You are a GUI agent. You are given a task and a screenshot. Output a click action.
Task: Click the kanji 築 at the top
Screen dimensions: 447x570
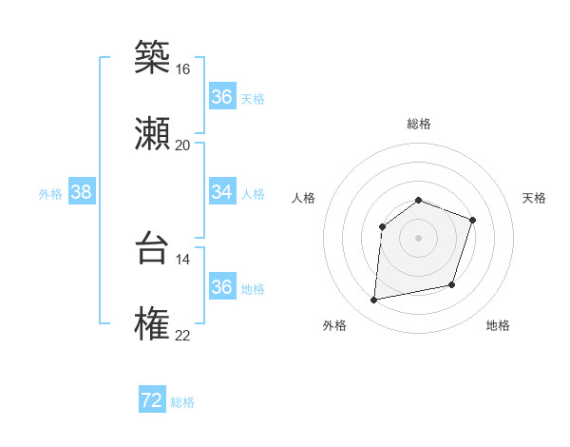pos(152,57)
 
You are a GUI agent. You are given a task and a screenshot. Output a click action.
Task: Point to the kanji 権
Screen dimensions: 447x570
pos(152,323)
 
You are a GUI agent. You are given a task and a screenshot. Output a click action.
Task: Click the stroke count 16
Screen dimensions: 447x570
pos(182,69)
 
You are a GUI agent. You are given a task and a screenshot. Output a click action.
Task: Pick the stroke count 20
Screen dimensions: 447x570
pos(182,145)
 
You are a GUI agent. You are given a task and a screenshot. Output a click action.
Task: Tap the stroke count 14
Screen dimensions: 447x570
pos(182,259)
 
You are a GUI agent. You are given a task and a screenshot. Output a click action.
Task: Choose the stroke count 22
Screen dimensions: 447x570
pos(182,335)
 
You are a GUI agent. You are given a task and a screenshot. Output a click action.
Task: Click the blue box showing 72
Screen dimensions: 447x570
pos(152,400)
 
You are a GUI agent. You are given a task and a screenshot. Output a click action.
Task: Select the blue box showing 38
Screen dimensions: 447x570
pos(82,192)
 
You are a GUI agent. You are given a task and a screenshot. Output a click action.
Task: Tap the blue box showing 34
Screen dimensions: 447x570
pos(221,192)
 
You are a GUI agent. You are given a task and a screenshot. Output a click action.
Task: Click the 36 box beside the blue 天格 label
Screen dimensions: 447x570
pos(221,97)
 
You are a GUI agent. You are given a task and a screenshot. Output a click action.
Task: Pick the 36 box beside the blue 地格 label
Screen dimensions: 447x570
pos(221,287)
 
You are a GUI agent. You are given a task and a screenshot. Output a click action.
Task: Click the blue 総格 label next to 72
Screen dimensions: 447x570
pos(182,402)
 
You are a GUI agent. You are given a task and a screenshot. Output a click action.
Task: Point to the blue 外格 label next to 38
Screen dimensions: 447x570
pos(50,194)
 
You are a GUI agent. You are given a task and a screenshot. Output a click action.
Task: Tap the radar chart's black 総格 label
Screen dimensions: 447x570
pos(419,124)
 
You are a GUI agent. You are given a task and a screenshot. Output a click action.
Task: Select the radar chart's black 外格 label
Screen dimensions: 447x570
pos(334,326)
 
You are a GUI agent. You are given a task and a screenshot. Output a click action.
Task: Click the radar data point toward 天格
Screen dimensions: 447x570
pos(473,220)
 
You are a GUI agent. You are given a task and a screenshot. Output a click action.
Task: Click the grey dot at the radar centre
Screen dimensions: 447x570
pos(419,237)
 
